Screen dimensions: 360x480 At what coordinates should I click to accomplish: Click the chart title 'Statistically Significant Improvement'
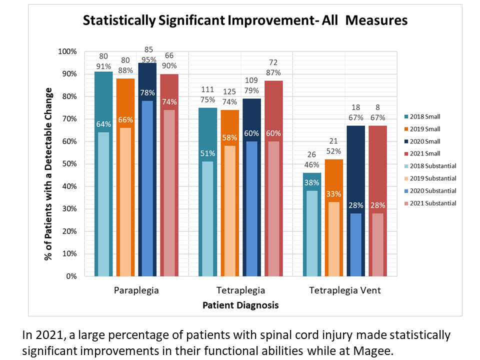tap(245, 20)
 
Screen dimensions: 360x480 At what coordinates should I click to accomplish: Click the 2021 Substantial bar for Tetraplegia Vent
tap(377, 245)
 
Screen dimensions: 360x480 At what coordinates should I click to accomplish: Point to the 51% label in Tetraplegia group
tap(207, 153)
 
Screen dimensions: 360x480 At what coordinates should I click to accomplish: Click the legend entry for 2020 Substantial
tap(432, 190)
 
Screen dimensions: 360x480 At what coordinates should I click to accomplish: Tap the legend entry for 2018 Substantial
tap(432, 166)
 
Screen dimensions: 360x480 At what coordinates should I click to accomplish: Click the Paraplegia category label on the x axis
tap(136, 290)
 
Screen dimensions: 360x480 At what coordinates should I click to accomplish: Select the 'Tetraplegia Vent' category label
tap(344, 290)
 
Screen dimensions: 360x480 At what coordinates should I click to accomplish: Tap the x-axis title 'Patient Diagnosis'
tap(240, 305)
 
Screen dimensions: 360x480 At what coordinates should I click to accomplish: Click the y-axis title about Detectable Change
tap(49, 174)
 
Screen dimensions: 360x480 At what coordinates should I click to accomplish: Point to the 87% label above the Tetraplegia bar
tap(273, 72)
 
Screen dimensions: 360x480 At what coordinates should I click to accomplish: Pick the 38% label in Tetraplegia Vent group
tap(311, 182)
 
